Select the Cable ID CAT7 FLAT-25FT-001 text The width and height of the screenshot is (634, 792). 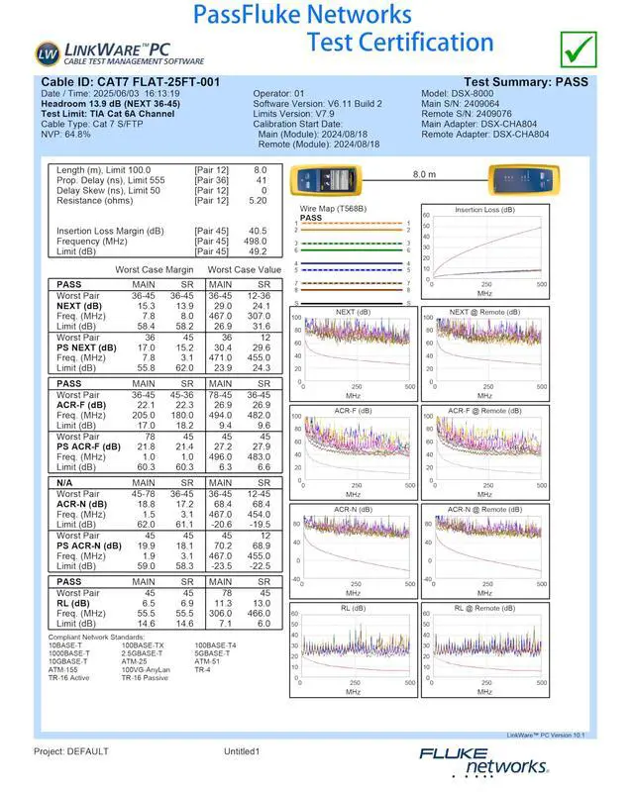point(130,82)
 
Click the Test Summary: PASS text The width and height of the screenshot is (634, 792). point(525,82)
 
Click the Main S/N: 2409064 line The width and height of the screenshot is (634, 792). point(461,104)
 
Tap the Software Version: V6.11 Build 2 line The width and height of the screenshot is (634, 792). point(317,104)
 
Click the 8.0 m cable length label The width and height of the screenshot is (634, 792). point(424,173)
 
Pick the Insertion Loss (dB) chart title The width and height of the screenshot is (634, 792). point(483,210)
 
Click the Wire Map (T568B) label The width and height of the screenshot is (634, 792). point(333,209)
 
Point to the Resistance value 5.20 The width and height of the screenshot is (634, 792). point(258,201)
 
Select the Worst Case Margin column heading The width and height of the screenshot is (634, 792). point(155,270)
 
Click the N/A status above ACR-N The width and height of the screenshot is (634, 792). point(68,481)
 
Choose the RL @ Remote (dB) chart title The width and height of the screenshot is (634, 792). point(485,608)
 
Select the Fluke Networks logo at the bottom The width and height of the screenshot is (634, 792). point(482,760)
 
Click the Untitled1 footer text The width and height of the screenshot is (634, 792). point(242,751)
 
